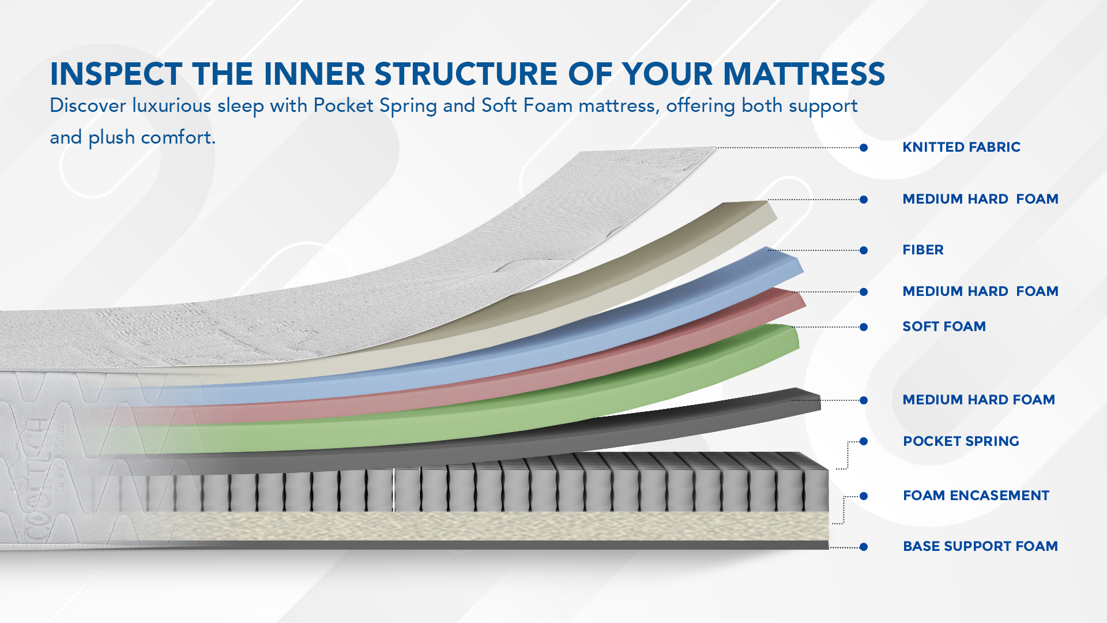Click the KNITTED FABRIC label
tap(961, 147)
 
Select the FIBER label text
tap(923, 250)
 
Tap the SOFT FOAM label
tap(944, 326)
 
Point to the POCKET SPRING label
tap(961, 441)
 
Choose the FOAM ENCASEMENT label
tap(976, 496)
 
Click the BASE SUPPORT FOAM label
tap(980, 546)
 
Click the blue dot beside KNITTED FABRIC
tap(864, 148)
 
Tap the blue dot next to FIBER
tap(864, 250)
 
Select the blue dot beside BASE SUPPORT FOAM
tap(864, 547)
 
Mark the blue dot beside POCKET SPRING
tap(864, 441)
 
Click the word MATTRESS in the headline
tap(804, 74)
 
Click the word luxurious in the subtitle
tap(172, 106)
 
